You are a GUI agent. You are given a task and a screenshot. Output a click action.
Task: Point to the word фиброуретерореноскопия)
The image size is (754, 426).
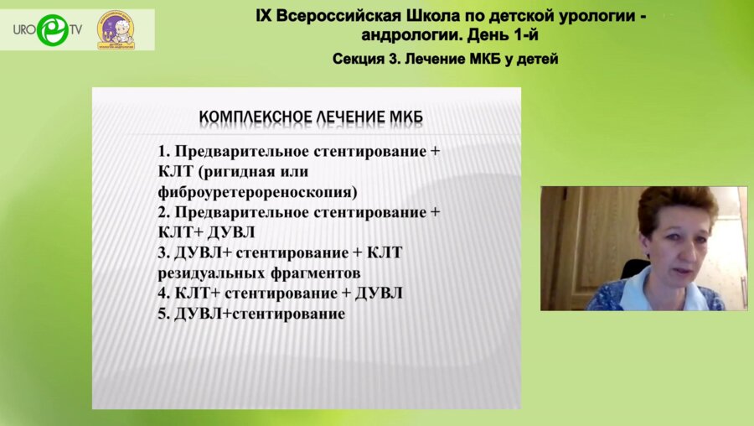(258, 191)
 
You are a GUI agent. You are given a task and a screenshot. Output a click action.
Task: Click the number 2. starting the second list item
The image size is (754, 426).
(164, 213)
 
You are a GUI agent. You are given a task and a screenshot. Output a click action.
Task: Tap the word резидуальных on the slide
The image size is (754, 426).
(208, 273)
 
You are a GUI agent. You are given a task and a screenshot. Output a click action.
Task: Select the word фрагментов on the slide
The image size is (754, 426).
(312, 273)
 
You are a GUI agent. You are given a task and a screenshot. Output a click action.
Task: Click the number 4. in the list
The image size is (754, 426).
(164, 294)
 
